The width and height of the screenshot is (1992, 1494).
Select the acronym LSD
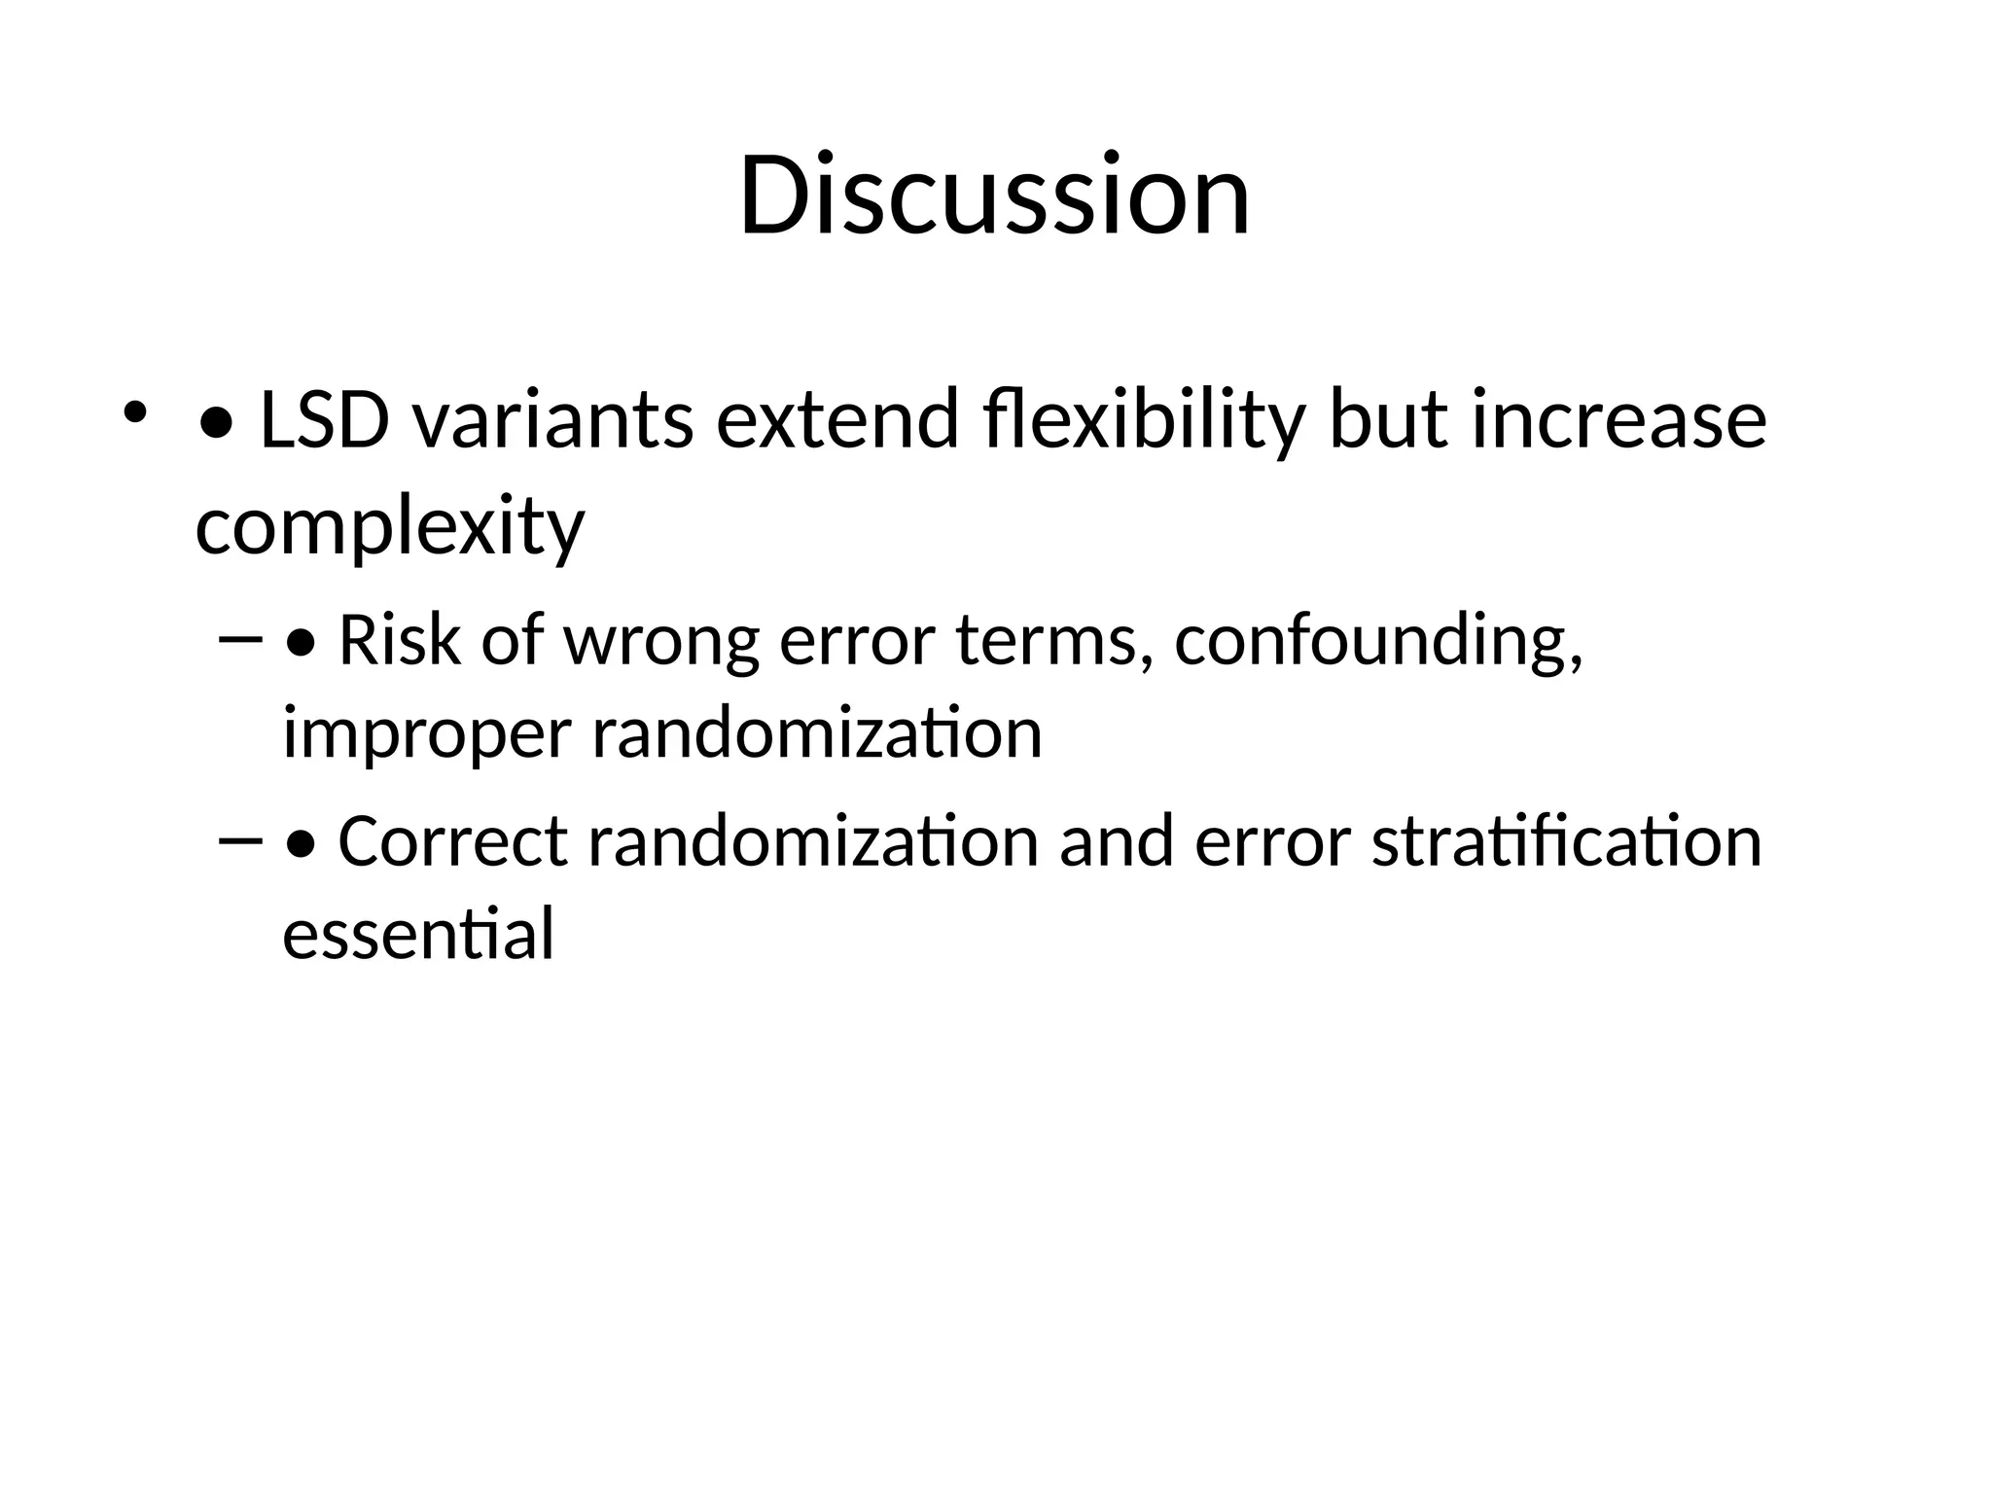click(325, 421)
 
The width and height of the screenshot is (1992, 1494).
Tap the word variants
click(552, 421)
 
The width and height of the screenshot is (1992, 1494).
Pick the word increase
click(1618, 421)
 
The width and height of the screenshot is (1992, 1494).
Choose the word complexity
click(390, 528)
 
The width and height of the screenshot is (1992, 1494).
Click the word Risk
click(399, 641)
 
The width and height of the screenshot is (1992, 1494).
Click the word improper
click(426, 735)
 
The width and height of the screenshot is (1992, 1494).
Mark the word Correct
click(452, 841)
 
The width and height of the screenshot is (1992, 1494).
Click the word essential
click(418, 933)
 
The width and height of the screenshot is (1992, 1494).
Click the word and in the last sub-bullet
click(1116, 841)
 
